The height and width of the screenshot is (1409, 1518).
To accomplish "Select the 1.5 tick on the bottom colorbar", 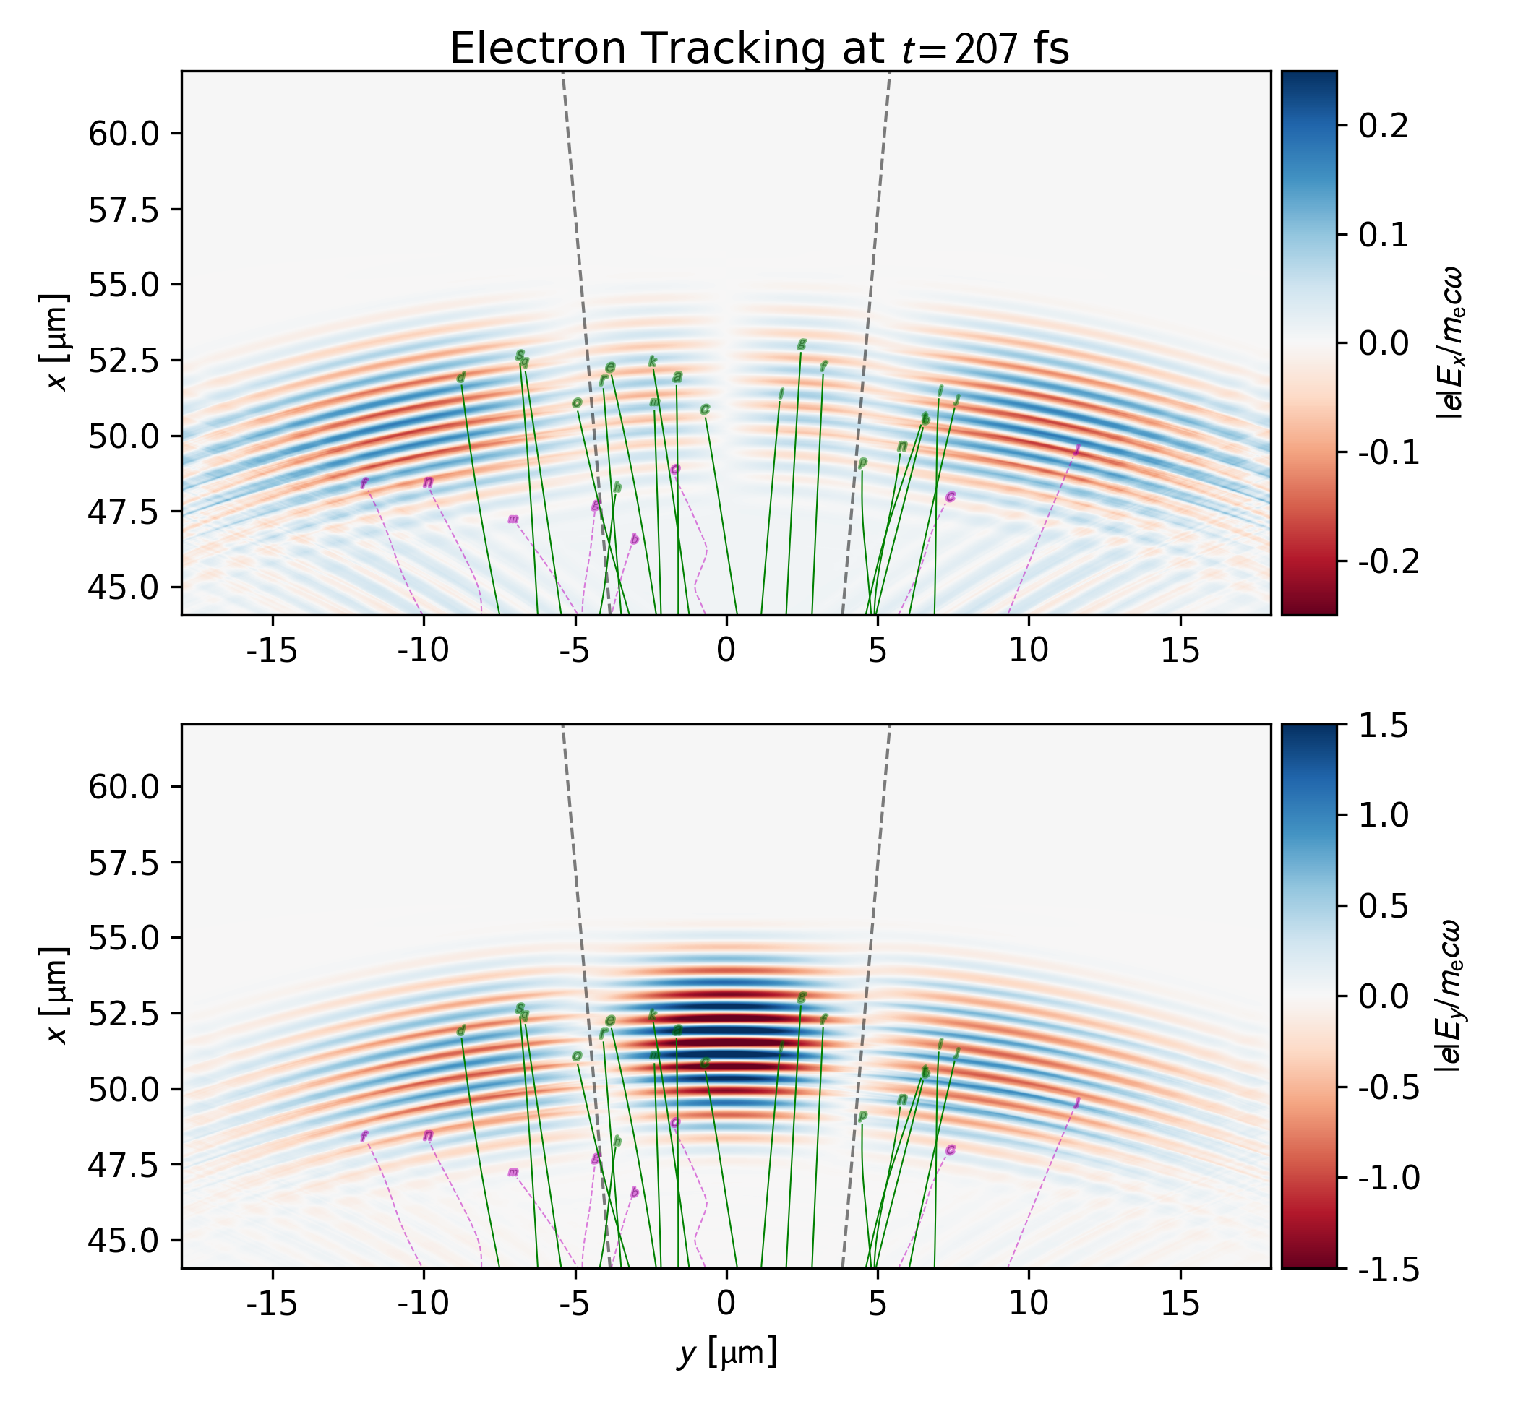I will [1382, 726].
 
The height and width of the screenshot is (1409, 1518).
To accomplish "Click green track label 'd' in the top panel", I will [460, 377].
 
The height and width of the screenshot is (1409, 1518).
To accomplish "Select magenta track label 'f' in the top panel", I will [364, 483].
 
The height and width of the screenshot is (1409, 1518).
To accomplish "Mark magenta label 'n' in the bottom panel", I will [428, 1135].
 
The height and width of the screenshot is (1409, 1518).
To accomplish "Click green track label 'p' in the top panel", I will [863, 462].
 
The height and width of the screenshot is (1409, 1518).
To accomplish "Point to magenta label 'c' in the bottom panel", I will [951, 1150].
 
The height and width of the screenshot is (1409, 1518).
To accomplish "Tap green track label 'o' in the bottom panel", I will [577, 1056].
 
